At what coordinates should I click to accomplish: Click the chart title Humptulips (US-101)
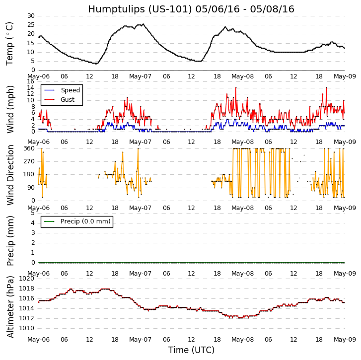coord(191,9)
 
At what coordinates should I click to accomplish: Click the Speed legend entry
coord(70,90)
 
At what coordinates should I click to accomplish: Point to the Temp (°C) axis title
coord(10,43)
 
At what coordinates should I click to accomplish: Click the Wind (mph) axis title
coord(10,109)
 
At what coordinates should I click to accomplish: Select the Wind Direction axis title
coord(10,175)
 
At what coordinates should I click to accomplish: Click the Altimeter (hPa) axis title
coord(10,306)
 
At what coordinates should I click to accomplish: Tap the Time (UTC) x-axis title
coord(191,350)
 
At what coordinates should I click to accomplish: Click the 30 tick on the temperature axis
coord(31,16)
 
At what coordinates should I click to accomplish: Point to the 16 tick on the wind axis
coord(31,81)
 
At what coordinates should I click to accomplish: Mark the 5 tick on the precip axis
coord(33,213)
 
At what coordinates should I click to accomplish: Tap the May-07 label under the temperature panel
coord(141,77)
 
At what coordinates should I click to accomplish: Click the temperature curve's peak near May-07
coord(143,24)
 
